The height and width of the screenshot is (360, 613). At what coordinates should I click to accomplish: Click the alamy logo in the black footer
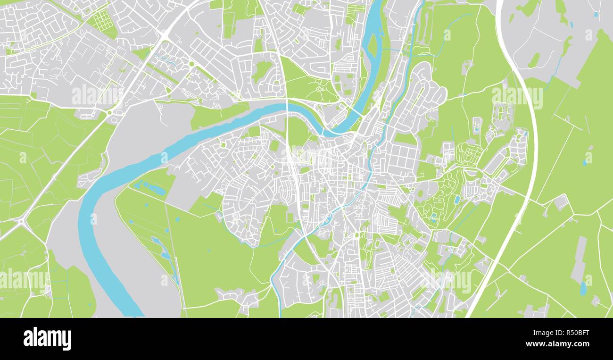[x=47, y=339]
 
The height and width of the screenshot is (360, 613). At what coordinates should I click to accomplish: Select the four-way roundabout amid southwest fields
[x=22, y=221]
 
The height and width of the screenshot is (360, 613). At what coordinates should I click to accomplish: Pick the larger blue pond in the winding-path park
[x=456, y=200]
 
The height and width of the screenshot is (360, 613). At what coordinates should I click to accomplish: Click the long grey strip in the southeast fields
[x=579, y=260]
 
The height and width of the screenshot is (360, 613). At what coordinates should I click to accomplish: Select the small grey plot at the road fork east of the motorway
[x=561, y=202]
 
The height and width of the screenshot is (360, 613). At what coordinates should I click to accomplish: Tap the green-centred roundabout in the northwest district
[x=191, y=63]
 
